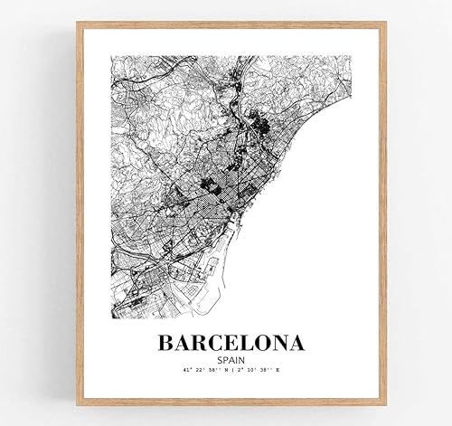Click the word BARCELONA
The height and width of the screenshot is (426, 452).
click(x=231, y=345)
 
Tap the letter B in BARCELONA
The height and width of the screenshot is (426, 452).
click(x=167, y=345)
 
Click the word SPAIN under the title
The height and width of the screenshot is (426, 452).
click(x=232, y=359)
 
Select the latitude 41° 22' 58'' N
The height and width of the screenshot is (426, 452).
click(x=200, y=371)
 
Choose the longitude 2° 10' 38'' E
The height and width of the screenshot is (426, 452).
click(x=261, y=371)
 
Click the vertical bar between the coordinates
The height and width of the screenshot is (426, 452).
click(x=231, y=371)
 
